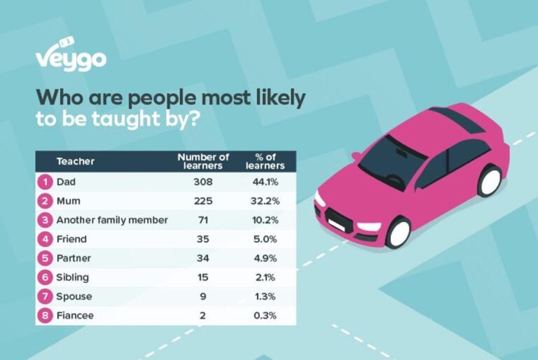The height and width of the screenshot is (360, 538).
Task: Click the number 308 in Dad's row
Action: (x=203, y=181)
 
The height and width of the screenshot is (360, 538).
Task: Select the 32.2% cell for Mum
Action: (x=265, y=200)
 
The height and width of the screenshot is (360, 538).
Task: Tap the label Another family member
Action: (x=112, y=220)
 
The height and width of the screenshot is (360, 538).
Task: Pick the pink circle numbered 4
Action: (x=45, y=239)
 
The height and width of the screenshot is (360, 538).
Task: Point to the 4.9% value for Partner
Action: (x=265, y=258)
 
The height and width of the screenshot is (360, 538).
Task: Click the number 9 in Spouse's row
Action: (x=203, y=296)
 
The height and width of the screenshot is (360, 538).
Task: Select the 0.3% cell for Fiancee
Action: (x=265, y=315)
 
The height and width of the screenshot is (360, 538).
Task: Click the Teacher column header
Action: (x=75, y=161)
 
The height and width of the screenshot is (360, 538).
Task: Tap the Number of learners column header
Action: (x=203, y=161)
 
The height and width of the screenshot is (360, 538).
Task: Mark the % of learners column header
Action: (x=265, y=161)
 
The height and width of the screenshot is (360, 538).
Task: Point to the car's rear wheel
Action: (x=489, y=181)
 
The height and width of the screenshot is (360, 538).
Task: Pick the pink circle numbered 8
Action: (x=45, y=315)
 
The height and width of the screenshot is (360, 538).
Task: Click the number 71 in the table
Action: (x=203, y=220)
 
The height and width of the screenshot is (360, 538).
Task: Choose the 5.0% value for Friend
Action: (x=265, y=239)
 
